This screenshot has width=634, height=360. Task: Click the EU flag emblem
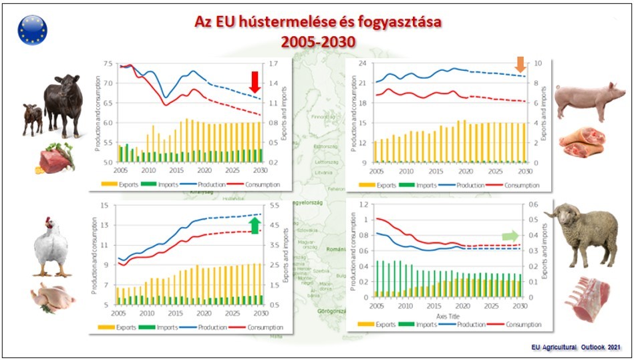(x=33, y=29)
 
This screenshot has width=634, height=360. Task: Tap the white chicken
(x=53, y=245)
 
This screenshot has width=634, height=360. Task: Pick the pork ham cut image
(x=581, y=142)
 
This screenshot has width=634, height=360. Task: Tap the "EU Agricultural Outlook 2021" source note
(x=577, y=347)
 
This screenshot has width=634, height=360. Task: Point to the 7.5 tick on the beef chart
(x=108, y=64)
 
